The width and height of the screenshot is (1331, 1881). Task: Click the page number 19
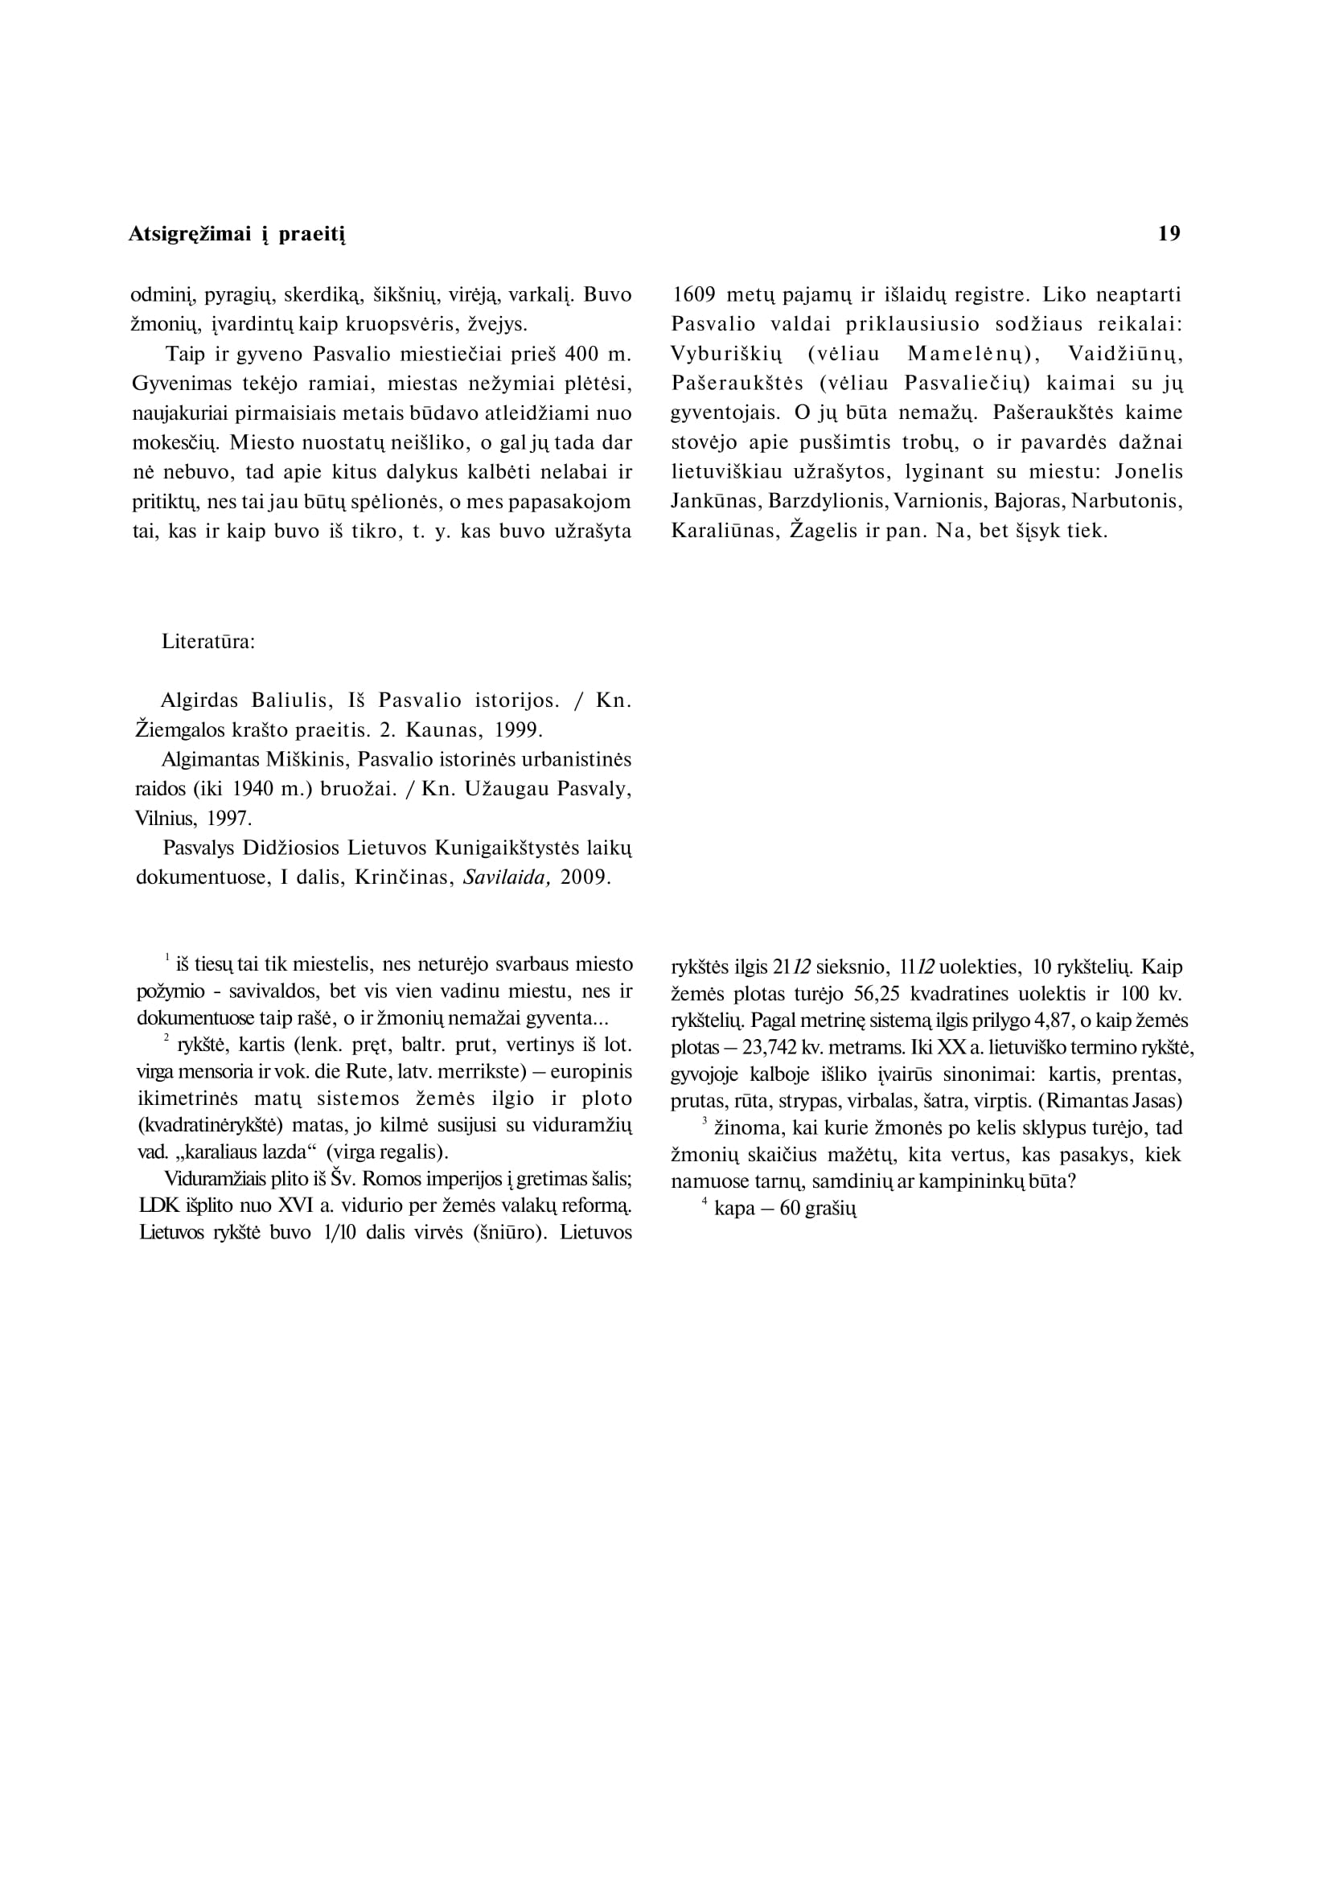1169,233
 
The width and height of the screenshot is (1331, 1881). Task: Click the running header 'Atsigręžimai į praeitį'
237,236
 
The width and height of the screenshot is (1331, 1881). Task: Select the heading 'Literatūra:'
208,641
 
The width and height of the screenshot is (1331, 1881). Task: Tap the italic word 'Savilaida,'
505,877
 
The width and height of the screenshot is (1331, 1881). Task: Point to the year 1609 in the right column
693,294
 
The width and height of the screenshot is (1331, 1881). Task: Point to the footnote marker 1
167,956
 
